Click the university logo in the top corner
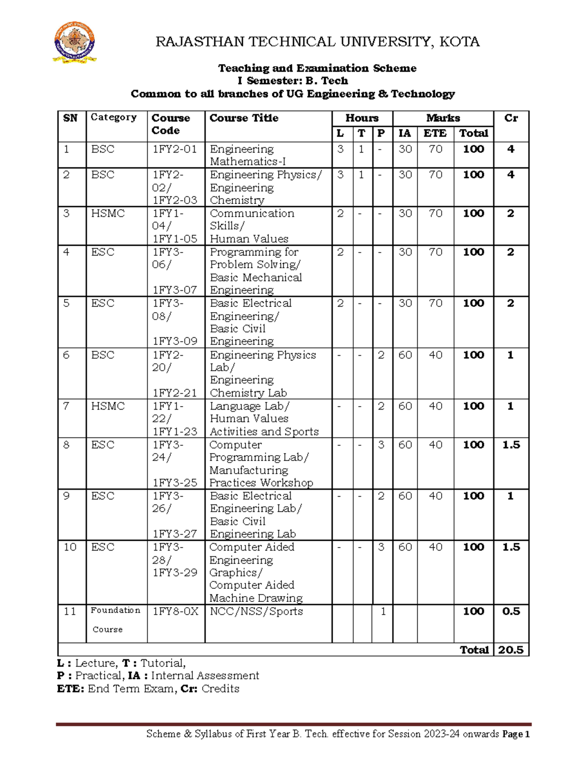pyautogui.click(x=74, y=43)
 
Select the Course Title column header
pyautogui.click(x=244, y=118)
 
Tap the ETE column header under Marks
pyautogui.click(x=434, y=133)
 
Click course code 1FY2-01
pyautogui.click(x=175, y=149)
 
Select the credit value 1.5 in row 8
pyautogui.click(x=511, y=445)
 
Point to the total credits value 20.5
pyautogui.click(x=511, y=650)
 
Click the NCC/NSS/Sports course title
pyautogui.click(x=256, y=611)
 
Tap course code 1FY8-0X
pyautogui.click(x=175, y=611)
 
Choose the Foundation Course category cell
pyautogui.click(x=115, y=620)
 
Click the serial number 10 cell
pyautogui.click(x=70, y=547)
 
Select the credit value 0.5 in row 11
pyautogui.click(x=511, y=611)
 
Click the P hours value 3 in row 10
pyautogui.click(x=381, y=547)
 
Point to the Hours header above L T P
pyautogui.click(x=361, y=118)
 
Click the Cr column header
pyautogui.click(x=511, y=118)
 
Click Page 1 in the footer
pyautogui.click(x=516, y=734)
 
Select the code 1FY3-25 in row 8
pyautogui.click(x=175, y=483)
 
